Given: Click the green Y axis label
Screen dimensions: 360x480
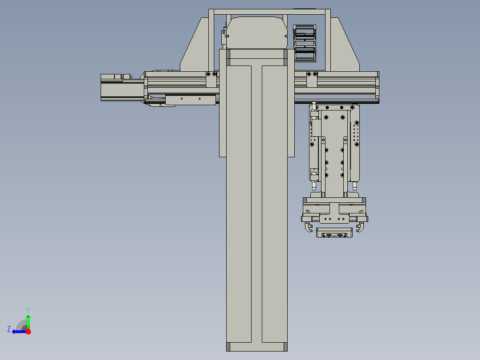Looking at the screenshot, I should coord(28,309).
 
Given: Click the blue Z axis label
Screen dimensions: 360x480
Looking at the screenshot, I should coord(9,329).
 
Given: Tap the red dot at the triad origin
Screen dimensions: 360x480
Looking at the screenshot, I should coord(28,331).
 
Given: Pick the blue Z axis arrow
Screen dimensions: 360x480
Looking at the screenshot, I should coord(19,331).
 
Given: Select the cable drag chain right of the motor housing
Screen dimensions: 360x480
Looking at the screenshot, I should coord(305,43).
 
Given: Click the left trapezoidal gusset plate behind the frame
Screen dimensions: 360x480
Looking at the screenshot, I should coord(196,49).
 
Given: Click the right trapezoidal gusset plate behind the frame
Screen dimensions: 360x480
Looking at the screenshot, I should coord(345,49).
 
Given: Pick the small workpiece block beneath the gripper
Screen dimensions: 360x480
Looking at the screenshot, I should coord(334,233).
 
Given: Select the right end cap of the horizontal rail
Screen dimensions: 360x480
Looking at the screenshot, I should coord(378,87).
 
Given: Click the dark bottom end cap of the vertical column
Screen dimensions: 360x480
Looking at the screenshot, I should coord(256,347).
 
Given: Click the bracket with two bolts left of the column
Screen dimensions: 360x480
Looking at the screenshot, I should coord(211,79).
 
